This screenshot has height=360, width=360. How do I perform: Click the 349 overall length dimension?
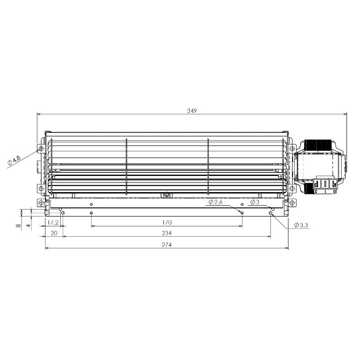[x=192, y=111]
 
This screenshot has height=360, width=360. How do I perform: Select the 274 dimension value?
[x=166, y=245]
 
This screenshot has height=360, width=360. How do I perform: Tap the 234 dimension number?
[x=166, y=233]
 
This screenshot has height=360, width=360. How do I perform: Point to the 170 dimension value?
[x=166, y=222]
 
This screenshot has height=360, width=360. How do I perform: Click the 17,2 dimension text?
[x=53, y=222]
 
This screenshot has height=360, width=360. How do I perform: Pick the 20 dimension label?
[x=54, y=233]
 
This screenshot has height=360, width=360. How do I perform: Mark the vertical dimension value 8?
[x=19, y=225]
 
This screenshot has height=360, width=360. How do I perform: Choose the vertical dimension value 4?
[x=28, y=225]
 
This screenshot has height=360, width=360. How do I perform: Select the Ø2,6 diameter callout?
[x=216, y=202]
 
